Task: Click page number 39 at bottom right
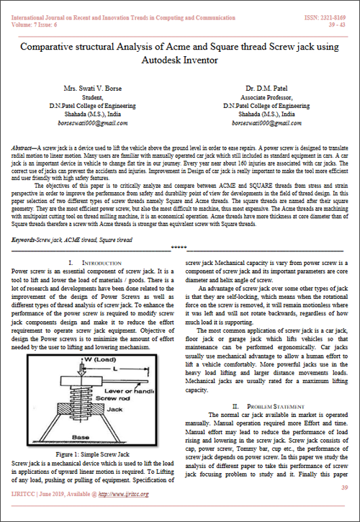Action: click(x=344, y=508)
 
